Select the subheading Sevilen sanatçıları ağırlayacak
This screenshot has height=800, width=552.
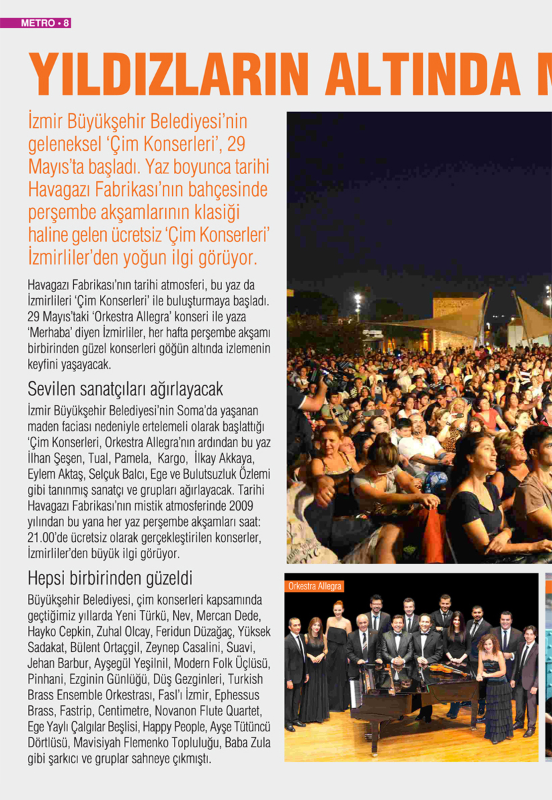tap(125, 389)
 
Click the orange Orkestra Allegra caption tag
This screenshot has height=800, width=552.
tap(315, 587)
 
